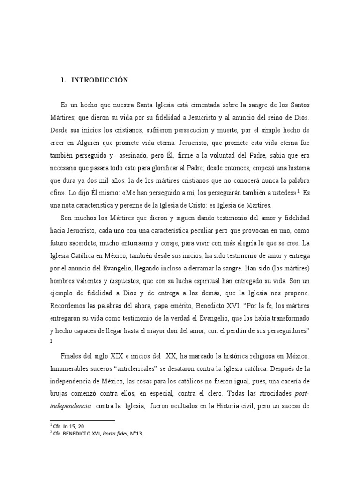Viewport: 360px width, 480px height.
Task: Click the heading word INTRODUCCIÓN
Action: click(99, 80)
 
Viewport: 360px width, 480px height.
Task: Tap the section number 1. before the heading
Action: click(63, 80)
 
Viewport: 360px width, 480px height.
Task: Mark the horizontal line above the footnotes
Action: click(82, 420)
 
